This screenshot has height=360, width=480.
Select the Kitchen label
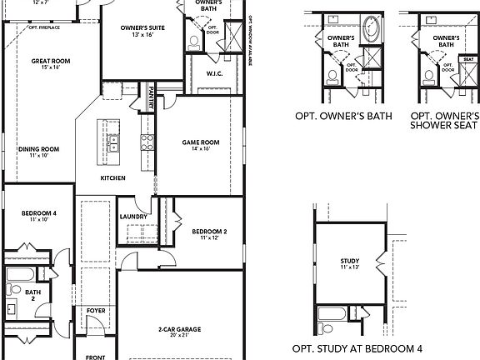[113, 178]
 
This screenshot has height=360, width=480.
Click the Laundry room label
[133, 217]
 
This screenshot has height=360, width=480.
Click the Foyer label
[96, 310]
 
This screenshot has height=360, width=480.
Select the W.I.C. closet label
[214, 74]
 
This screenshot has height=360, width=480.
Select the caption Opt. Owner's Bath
[340, 117]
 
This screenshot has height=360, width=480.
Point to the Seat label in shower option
[469, 59]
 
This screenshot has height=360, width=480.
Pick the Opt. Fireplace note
[45, 27]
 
